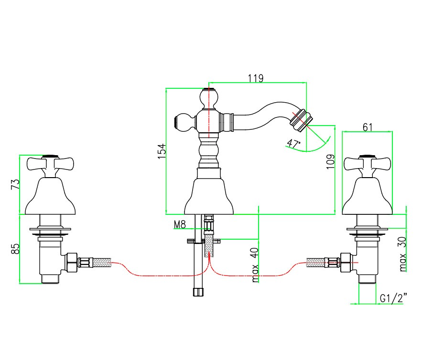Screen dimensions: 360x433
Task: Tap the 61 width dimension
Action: click(x=368, y=127)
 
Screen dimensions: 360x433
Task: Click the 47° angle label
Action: click(x=293, y=143)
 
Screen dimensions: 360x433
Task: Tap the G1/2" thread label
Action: click(x=393, y=298)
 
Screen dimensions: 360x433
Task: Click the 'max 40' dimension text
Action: click(x=255, y=265)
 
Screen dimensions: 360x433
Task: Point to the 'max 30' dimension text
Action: click(x=403, y=254)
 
